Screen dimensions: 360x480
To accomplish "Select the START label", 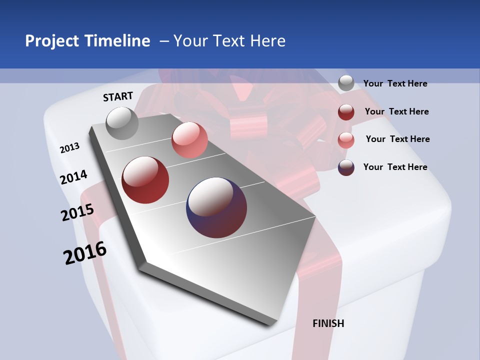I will [118, 96].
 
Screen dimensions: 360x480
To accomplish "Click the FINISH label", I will [328, 323].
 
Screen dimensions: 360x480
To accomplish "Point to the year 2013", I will [70, 148].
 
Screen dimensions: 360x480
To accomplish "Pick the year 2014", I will [74, 177].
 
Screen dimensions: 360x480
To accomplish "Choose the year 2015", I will [77, 212].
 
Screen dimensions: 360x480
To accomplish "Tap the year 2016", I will [85, 253].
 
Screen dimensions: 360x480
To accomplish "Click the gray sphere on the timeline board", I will [122, 123].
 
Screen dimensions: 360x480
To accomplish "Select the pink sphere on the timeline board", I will [189, 140].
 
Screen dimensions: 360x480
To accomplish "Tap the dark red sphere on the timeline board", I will [145, 180].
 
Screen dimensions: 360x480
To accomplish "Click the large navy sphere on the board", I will [216, 207].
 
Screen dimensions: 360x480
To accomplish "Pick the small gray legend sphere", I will [346, 83].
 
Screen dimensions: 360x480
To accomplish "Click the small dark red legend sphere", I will [346, 112].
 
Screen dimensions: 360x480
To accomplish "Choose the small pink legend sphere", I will [346, 140].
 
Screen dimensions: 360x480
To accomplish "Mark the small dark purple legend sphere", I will [346, 167].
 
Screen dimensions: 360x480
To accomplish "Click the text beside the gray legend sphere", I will [395, 84].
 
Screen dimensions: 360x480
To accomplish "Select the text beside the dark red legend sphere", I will [396, 111].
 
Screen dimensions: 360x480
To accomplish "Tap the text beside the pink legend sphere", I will [397, 139].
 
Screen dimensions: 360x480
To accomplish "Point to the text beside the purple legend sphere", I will [395, 167].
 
